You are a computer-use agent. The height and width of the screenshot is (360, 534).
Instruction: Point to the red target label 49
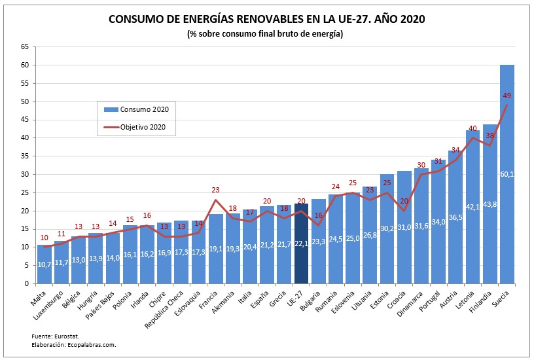pos(507,96)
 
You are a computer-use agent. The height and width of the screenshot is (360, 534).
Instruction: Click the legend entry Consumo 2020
pos(137,109)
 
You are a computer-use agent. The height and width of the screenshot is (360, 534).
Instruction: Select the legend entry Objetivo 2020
pos(137,127)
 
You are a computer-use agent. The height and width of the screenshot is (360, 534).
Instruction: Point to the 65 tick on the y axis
pos(25,47)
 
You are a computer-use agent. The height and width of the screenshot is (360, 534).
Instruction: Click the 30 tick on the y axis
pos(25,175)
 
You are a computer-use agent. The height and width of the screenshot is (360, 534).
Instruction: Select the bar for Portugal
pos(438,223)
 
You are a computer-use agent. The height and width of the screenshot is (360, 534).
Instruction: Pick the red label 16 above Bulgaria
pos(319,215)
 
